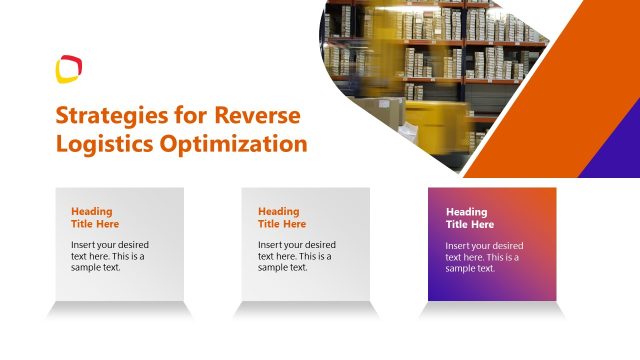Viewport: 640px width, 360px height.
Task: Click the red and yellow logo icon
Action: [69, 69]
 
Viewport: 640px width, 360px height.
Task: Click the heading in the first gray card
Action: [95, 217]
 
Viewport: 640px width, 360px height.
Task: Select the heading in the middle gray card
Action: [282, 217]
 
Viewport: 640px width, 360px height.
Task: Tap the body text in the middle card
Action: [296, 256]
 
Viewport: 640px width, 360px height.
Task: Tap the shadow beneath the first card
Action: [119, 310]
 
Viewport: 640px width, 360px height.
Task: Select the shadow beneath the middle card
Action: [306, 310]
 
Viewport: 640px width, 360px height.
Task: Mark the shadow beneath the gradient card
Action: [493, 310]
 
